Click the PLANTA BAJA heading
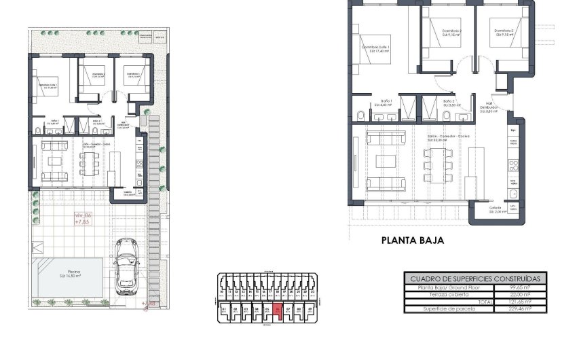412,240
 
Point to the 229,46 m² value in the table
520,308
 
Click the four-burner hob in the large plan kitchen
514,165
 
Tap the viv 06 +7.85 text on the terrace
82,217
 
